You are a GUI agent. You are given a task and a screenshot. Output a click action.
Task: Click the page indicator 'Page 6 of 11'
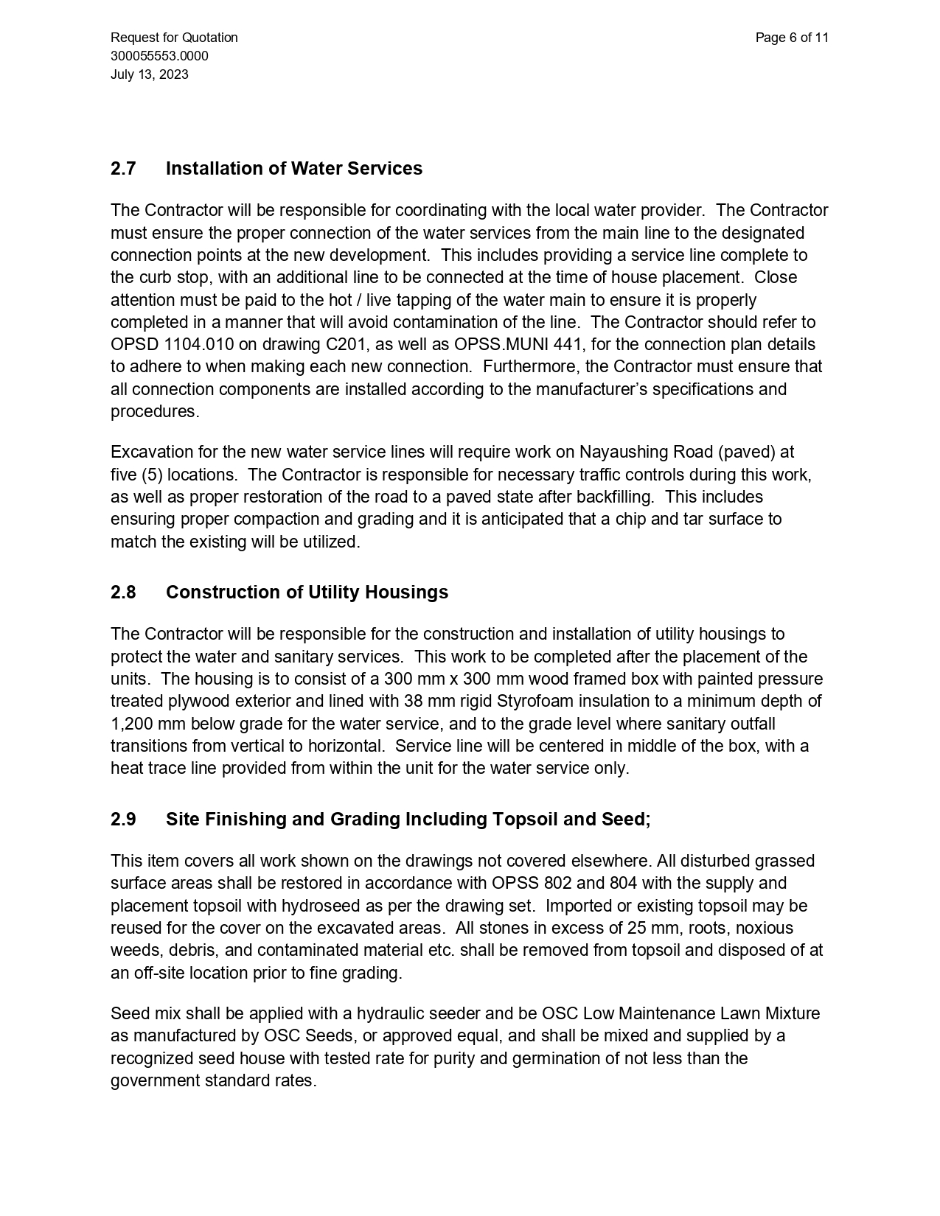click(x=792, y=38)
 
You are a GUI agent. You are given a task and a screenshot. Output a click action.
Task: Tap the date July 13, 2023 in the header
click(x=150, y=74)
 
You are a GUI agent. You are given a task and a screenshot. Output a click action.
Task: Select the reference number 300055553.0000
click(x=159, y=56)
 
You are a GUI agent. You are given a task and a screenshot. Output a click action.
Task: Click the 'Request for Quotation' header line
click(x=174, y=38)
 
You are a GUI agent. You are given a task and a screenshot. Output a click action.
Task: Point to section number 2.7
click(x=123, y=169)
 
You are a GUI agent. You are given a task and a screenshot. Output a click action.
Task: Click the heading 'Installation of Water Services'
click(x=294, y=169)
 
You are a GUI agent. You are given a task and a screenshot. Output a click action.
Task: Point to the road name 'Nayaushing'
click(x=624, y=452)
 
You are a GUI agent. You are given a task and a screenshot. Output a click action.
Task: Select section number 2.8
click(x=123, y=593)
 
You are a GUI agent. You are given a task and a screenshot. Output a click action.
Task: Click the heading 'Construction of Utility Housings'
click(x=307, y=593)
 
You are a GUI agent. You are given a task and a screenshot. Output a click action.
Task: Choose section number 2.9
click(x=123, y=820)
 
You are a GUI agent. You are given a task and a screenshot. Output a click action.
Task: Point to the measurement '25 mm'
click(x=650, y=928)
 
